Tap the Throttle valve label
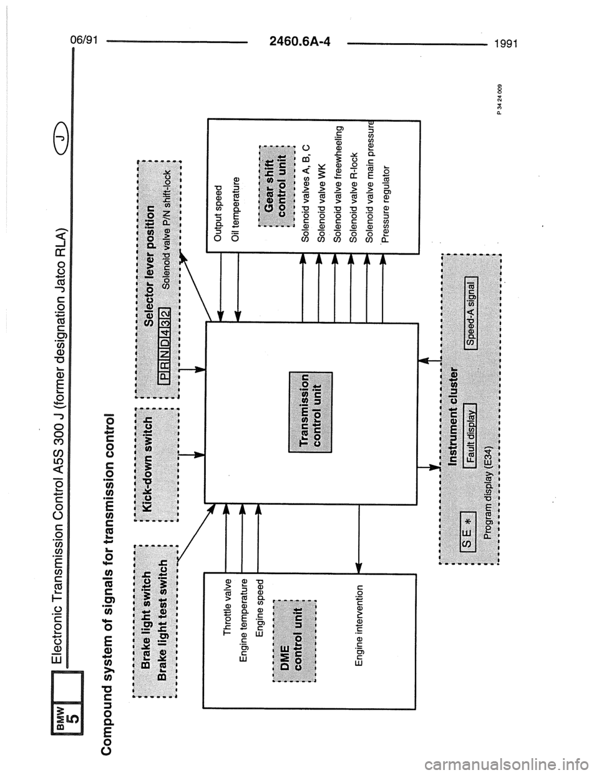[228, 607]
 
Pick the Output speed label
[218, 212]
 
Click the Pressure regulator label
[384, 203]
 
